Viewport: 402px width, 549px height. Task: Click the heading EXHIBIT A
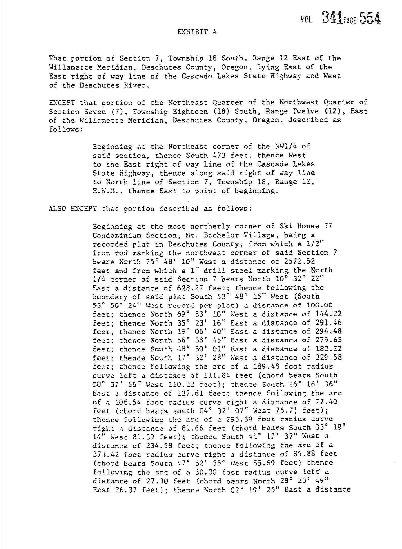tap(197, 32)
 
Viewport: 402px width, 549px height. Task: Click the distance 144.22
tap(328, 314)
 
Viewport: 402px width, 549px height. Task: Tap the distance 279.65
tap(328, 340)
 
